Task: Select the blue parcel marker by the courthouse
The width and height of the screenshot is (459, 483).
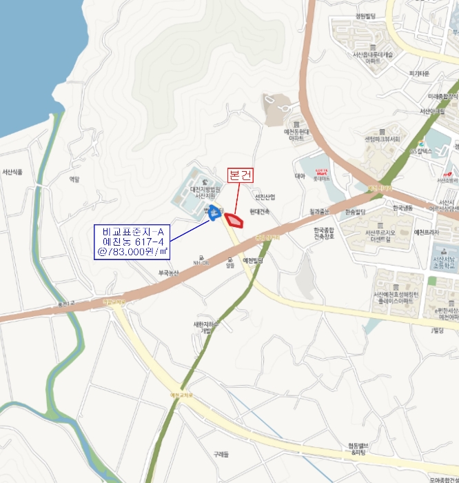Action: coord(214,213)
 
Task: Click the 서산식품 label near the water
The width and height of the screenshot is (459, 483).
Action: coord(12,172)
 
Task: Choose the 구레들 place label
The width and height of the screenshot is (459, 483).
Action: coord(221,454)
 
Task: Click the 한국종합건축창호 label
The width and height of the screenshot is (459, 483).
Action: coord(323,234)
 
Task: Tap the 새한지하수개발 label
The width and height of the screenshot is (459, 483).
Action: coord(205,327)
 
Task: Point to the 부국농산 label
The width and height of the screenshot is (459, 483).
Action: coord(168,273)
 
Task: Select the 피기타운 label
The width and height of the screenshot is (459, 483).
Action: coord(419,74)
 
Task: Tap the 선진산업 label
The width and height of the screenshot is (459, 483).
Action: coord(264,197)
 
